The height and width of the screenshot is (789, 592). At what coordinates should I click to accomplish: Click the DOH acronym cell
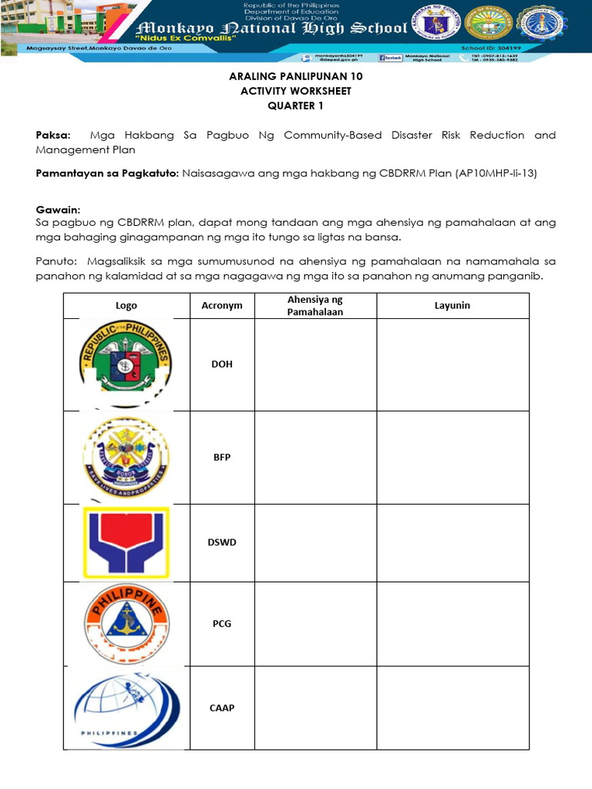point(222,364)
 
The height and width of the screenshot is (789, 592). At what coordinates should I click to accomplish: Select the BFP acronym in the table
point(222,457)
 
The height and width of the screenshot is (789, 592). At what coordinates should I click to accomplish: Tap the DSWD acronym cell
point(222,542)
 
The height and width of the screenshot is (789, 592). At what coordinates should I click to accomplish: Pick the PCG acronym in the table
point(222,623)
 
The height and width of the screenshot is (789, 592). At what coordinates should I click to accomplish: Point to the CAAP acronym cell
point(222,707)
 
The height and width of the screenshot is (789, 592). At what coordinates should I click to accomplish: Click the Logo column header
point(126,306)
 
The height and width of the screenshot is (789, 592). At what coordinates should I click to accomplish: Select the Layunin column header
point(452,306)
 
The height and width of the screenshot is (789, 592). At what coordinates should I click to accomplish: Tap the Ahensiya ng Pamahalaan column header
point(315,306)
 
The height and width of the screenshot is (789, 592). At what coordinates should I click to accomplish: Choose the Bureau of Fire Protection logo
point(126,456)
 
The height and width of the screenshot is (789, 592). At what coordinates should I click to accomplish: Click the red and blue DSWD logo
point(126,542)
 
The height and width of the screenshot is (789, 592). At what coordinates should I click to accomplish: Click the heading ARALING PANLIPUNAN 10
point(296,77)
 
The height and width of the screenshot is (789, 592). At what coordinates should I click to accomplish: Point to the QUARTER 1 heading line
point(296,105)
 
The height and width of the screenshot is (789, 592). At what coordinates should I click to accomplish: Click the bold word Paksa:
point(53,135)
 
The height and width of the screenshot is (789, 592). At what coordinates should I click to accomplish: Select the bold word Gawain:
point(58,210)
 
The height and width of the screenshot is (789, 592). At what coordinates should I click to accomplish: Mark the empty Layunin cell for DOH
point(452,364)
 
